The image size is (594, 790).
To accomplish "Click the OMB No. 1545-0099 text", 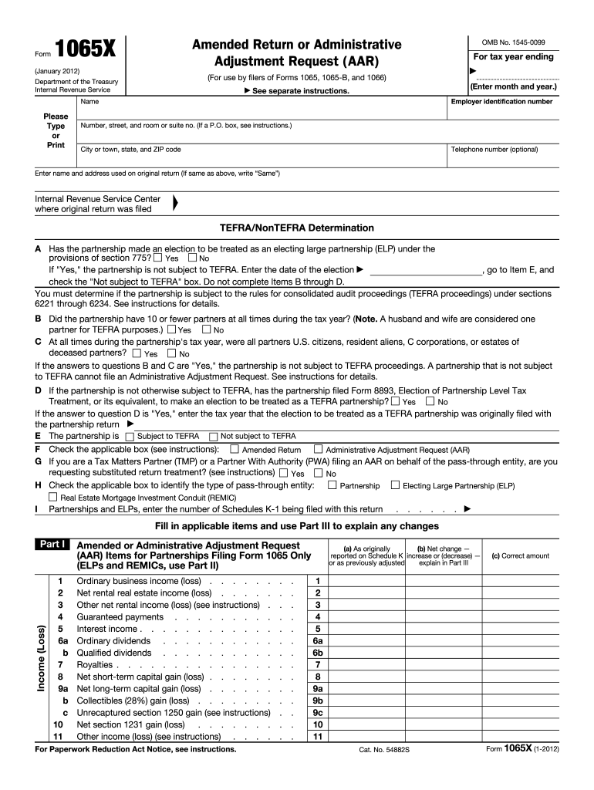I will click(x=512, y=40).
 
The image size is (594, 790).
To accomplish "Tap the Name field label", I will click(x=89, y=102).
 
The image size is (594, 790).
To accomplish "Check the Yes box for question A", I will click(x=157, y=258).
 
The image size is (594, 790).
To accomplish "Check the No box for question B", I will click(x=206, y=329).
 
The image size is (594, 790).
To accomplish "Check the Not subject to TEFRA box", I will click(x=214, y=436).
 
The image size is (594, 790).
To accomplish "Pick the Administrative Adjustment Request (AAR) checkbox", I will click(x=317, y=449).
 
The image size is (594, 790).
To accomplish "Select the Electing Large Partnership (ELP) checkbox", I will click(x=395, y=485).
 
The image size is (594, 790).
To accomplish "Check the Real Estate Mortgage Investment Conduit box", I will click(x=53, y=498).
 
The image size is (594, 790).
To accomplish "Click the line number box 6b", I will click(x=317, y=653).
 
